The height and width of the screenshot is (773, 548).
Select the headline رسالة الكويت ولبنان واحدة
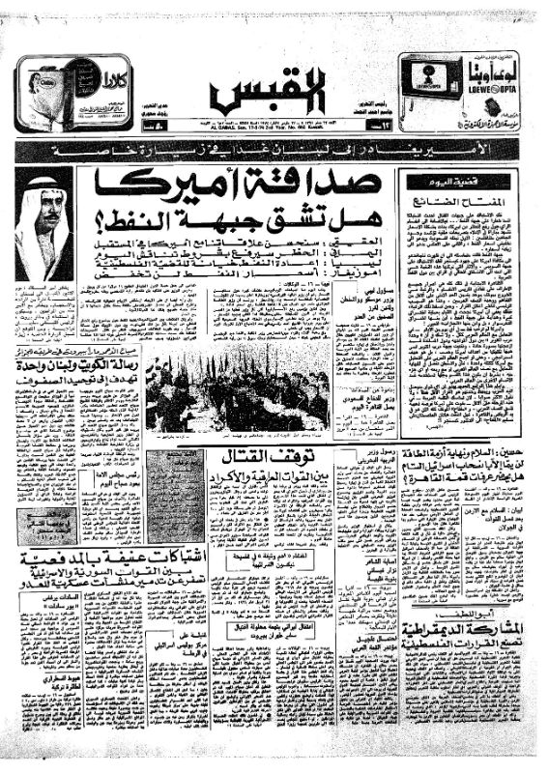point(72,365)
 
